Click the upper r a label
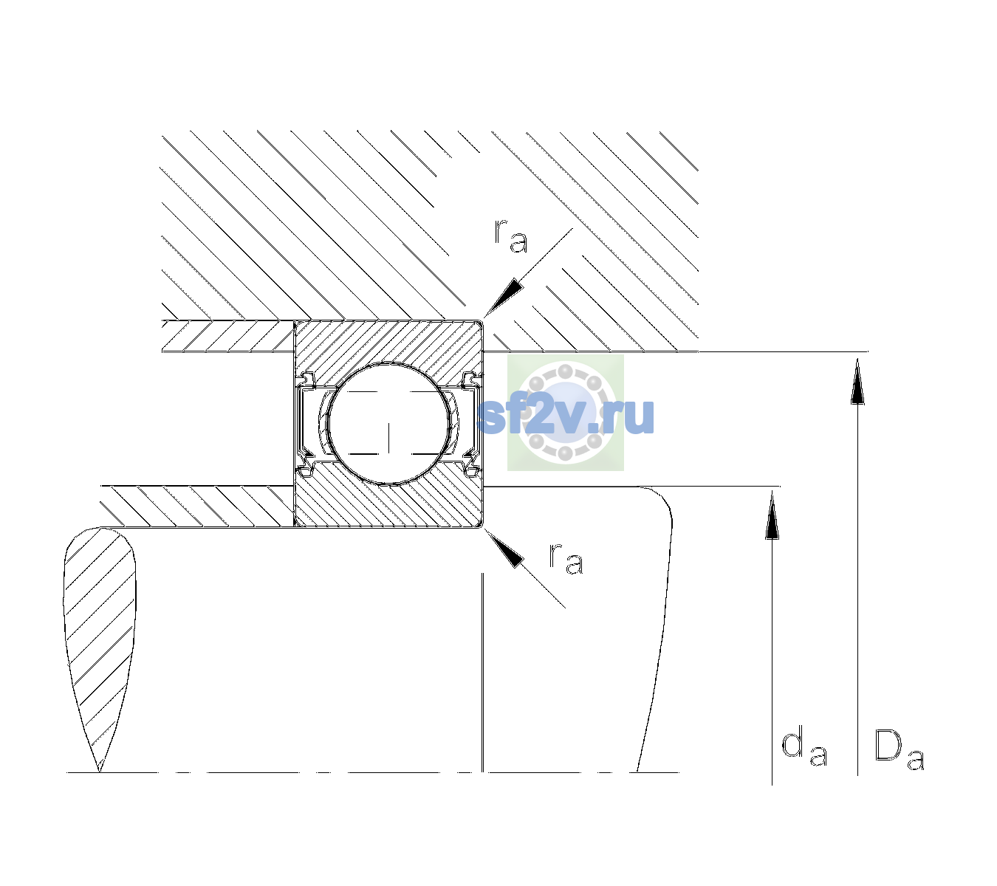[511, 236]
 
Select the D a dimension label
[899, 749]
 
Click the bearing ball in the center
[388, 424]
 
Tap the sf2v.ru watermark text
[566, 416]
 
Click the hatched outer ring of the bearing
[388, 342]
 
